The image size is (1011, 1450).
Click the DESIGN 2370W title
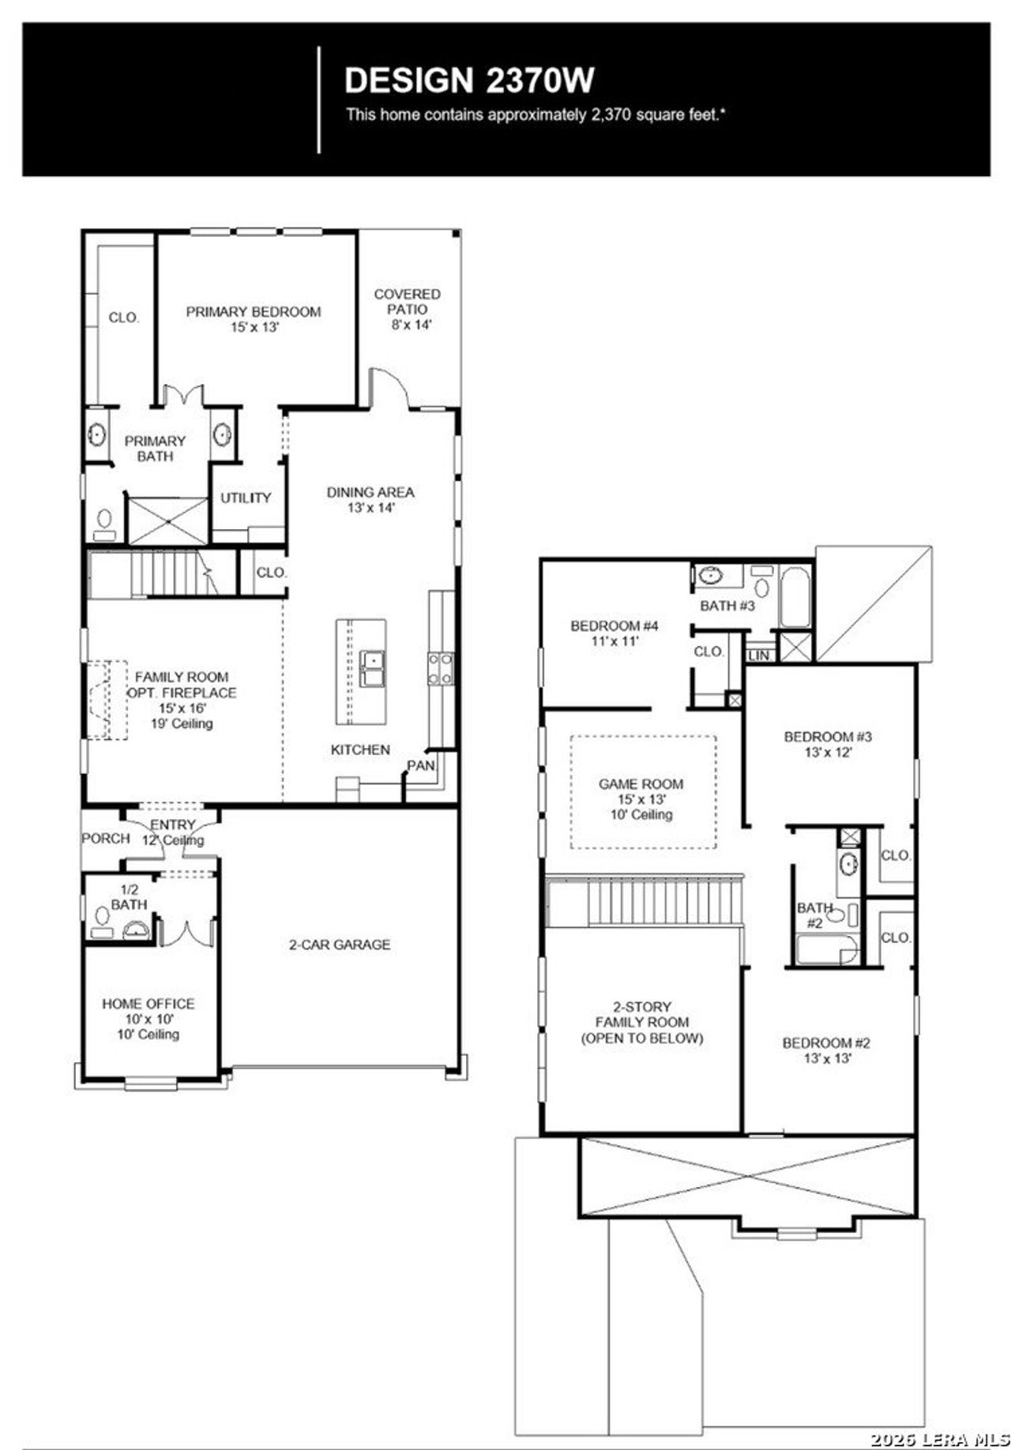[469, 81]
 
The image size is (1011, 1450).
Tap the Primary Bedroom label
[253, 312]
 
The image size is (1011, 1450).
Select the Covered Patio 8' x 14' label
[408, 309]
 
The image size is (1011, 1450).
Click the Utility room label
[245, 498]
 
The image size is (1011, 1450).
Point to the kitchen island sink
[371, 668]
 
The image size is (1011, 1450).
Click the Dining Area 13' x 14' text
[370, 500]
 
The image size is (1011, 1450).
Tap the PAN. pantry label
[420, 765]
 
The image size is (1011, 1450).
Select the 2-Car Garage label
[339, 945]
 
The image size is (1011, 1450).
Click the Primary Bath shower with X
[167, 520]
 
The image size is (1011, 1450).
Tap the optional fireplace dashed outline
[106, 700]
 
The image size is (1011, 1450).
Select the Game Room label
[641, 784]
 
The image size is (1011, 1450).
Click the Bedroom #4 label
[614, 626]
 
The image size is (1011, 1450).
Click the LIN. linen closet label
[758, 656]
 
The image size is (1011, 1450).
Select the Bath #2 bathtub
[826, 949]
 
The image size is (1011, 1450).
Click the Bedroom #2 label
[826, 1043]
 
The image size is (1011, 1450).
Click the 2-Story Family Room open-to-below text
[641, 1022]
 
